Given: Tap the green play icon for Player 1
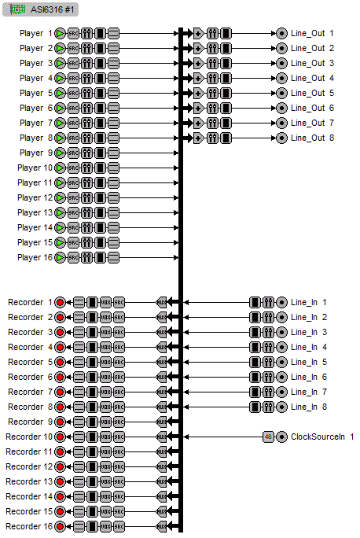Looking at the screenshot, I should tap(61, 34).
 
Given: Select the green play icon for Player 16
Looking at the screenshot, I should tap(61, 257).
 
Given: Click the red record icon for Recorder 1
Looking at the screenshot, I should tap(61, 302).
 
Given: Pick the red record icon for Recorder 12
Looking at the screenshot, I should tap(61, 466).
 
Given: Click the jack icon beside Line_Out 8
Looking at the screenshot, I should tap(281, 138).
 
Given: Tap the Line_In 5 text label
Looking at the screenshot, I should tap(308, 362).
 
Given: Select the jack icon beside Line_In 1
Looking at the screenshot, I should tap(281, 302).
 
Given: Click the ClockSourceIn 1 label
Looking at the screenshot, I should tap(322, 437).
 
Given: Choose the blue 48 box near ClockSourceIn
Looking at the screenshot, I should tap(268, 437).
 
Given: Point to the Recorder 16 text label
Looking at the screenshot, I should tap(29, 526).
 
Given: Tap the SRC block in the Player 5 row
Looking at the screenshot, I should tap(74, 94).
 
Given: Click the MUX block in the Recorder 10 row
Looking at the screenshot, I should tap(163, 437).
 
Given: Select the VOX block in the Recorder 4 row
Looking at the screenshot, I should tap(105, 347).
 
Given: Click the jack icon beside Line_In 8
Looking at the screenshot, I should tap(281, 407).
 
